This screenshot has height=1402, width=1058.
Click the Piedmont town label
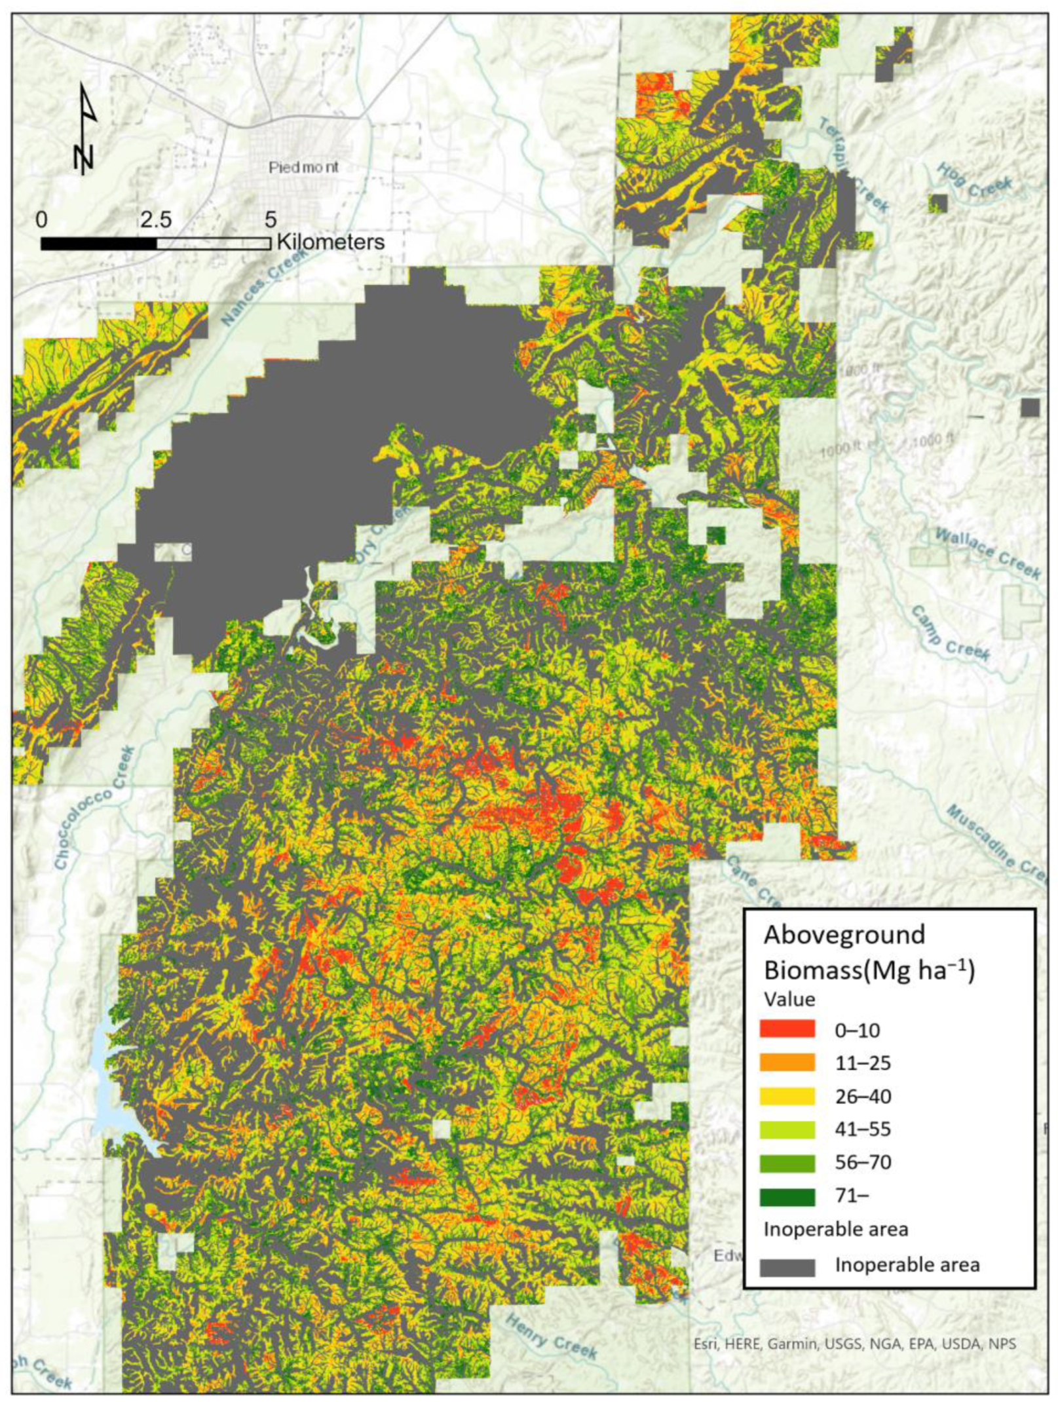[303, 168]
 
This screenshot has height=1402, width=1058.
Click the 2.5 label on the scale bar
[156, 219]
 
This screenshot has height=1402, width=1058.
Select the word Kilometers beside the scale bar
[331, 242]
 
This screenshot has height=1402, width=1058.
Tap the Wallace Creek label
[987, 554]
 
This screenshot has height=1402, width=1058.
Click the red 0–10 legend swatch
[787, 1029]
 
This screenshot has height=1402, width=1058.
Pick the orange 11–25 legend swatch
[787, 1063]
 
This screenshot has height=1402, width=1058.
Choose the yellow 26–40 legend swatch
[787, 1096]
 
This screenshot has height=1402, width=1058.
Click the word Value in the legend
[789, 999]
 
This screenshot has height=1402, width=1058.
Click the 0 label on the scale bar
[42, 219]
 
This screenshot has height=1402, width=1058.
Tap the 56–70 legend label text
[863, 1163]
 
